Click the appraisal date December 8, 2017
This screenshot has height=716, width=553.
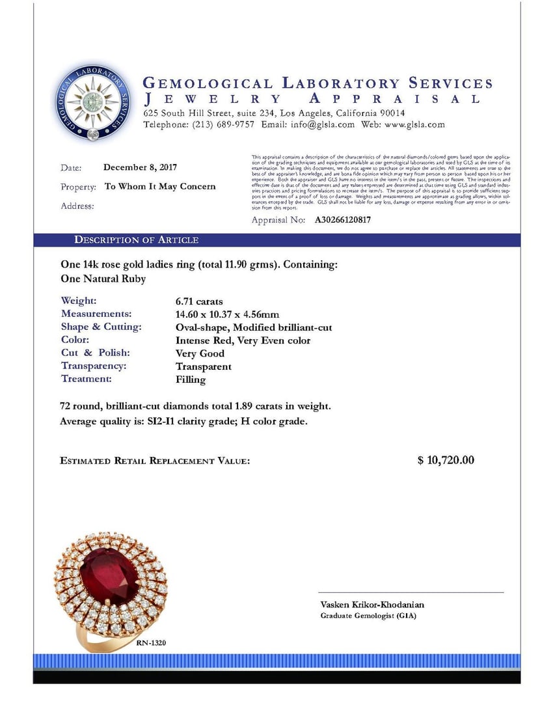[140, 167]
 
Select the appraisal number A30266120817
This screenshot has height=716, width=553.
[343, 220]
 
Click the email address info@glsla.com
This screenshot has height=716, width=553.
[323, 124]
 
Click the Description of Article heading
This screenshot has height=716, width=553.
[136, 240]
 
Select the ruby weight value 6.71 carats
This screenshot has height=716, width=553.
[199, 301]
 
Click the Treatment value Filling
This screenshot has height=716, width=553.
[191, 379]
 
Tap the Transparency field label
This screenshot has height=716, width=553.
[94, 366]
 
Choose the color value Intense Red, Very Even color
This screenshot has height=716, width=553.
[243, 340]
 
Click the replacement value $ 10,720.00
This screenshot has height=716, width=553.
[446, 460]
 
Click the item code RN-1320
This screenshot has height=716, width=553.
[152, 643]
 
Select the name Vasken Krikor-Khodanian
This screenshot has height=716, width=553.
[372, 605]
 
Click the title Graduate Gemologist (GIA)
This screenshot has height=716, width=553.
[368, 616]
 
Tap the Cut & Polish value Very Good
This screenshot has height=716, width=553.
[200, 353]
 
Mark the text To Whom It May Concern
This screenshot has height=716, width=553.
[160, 186]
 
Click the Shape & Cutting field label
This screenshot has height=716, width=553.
[101, 327]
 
